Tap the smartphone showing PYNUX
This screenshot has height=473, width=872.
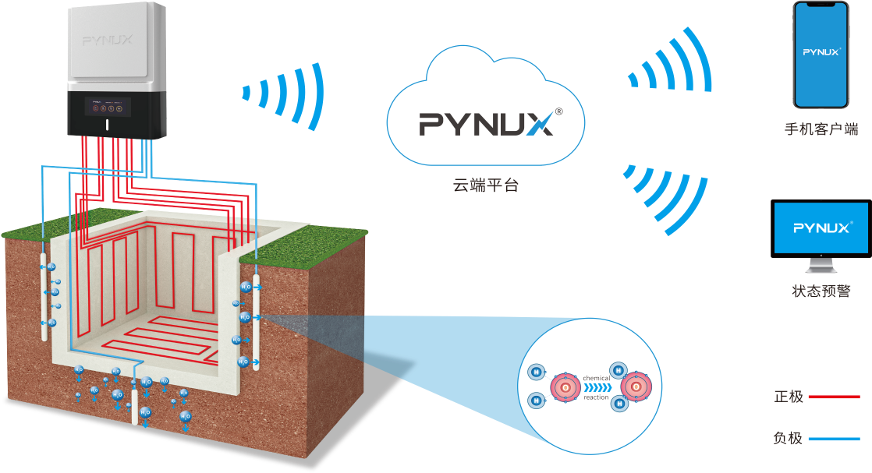coord(821,55)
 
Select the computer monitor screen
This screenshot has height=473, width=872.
coord(821,228)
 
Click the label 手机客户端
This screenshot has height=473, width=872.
coord(821,129)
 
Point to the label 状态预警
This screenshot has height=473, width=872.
coord(821,292)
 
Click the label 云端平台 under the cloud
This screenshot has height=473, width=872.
coord(485,186)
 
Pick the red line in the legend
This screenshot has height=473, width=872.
coord(834,397)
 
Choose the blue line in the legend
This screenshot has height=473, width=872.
coord(834,439)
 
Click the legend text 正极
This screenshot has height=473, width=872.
coord(788,397)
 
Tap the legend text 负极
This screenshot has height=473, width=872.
coord(788,438)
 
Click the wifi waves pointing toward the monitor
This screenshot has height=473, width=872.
coord(668,195)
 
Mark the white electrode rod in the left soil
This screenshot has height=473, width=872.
coord(43,292)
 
